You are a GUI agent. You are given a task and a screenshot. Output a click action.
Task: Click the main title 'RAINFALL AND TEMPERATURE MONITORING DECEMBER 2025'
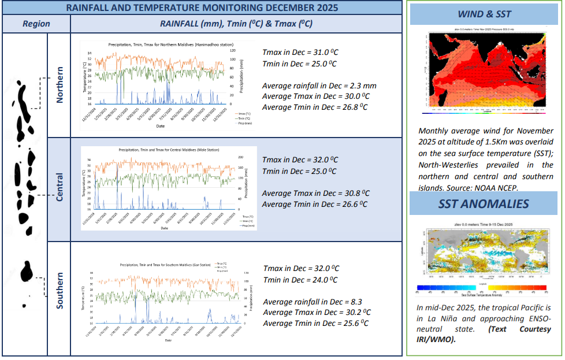tap(202, 8)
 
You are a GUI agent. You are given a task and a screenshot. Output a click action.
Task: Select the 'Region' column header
tap(36, 24)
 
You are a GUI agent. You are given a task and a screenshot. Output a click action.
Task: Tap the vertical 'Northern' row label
tap(60, 84)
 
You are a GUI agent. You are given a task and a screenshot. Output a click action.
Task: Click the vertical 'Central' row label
tap(60, 187)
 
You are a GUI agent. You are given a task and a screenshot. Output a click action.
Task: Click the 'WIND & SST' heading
tap(484, 14)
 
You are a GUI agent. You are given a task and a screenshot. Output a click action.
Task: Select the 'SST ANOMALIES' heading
tap(484, 203)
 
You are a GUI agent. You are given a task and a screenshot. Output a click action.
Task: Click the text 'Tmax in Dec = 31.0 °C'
tap(299, 51)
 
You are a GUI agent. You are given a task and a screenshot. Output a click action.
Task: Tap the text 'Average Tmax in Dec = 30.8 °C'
tap(315, 193)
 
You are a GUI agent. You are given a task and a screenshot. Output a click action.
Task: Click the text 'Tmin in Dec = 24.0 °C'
tap(300, 280)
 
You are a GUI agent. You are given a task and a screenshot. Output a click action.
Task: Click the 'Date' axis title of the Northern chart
tap(160, 126)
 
